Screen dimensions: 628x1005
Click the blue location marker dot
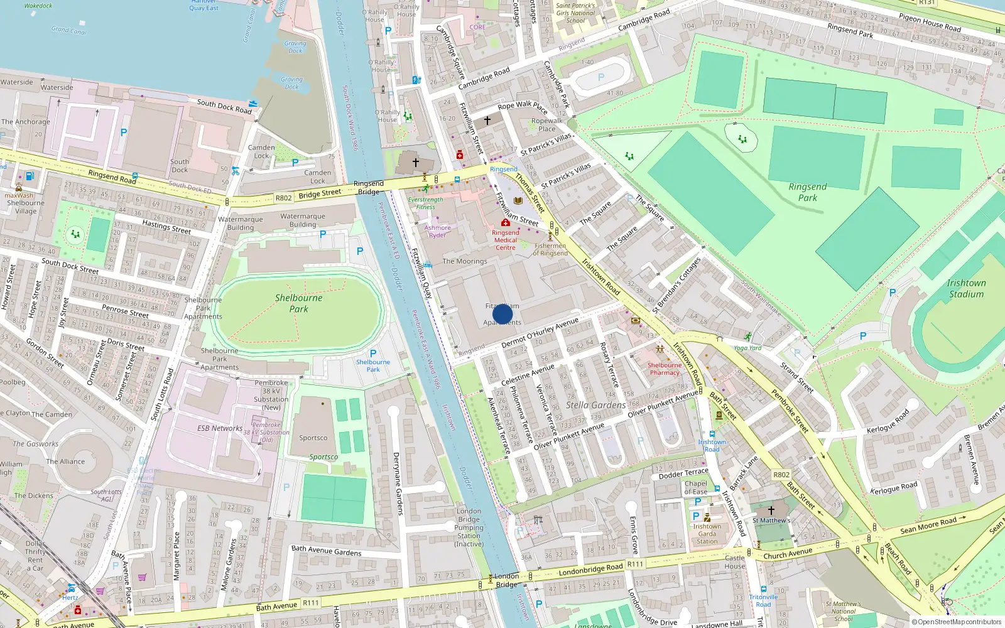click(x=503, y=314)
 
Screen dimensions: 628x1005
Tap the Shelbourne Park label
click(x=298, y=303)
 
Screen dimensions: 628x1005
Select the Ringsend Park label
click(x=808, y=192)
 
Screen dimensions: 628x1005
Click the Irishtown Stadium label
click(x=966, y=288)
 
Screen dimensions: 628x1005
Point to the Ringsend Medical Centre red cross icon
click(x=505, y=223)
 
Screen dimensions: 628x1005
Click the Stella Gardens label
click(x=595, y=405)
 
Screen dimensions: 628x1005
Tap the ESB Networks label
click(x=220, y=428)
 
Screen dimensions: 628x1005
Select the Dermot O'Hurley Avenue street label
click(x=540, y=333)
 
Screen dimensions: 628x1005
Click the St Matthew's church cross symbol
click(x=771, y=511)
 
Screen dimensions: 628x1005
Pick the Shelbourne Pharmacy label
click(x=665, y=369)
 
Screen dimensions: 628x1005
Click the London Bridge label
click(x=506, y=580)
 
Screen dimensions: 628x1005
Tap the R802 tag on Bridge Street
click(x=284, y=198)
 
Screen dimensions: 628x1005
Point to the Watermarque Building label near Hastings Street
click(x=241, y=224)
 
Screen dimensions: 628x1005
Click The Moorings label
click(x=465, y=261)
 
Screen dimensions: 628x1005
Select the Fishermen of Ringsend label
click(x=550, y=249)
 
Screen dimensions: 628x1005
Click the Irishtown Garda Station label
click(x=707, y=534)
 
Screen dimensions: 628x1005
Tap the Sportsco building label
click(x=313, y=438)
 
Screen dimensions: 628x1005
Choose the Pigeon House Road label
click(x=930, y=23)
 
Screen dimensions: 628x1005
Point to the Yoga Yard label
click(x=747, y=348)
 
